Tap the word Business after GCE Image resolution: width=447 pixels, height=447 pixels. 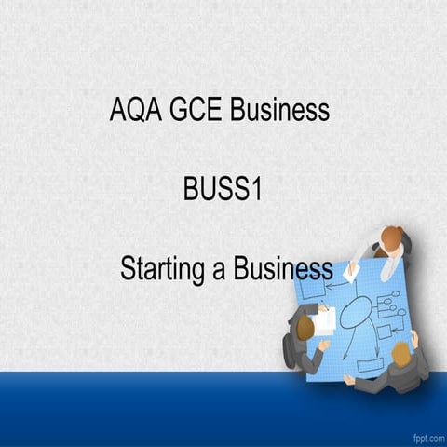click(x=279, y=111)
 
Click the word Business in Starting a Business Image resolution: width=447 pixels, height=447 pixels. click(x=283, y=269)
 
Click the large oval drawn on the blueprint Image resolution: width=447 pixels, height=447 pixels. click(x=354, y=314)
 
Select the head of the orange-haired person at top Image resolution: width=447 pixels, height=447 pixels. click(x=394, y=238)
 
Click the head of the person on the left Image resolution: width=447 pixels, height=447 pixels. click(x=305, y=323)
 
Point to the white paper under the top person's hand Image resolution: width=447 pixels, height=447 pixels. click(x=352, y=271)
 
